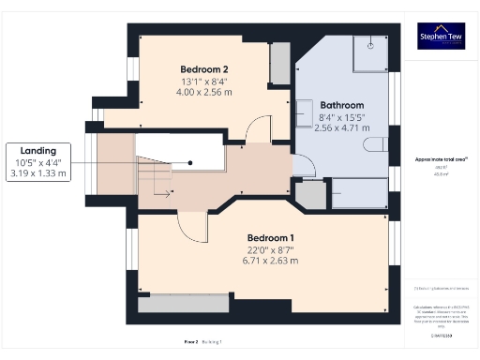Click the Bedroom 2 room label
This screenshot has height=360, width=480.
[x=204, y=69]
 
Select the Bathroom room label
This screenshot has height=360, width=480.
[x=339, y=105]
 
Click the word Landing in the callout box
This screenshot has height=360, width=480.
[x=38, y=150]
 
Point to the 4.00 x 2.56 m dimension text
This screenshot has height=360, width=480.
[x=204, y=92]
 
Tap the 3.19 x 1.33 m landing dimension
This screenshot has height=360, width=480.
[x=38, y=172]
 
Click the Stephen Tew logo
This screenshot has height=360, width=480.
[x=441, y=38]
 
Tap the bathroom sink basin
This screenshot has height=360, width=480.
[x=304, y=112]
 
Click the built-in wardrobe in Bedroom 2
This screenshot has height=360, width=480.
[x=279, y=62]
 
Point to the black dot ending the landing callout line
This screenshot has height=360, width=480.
[x=190, y=161]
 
